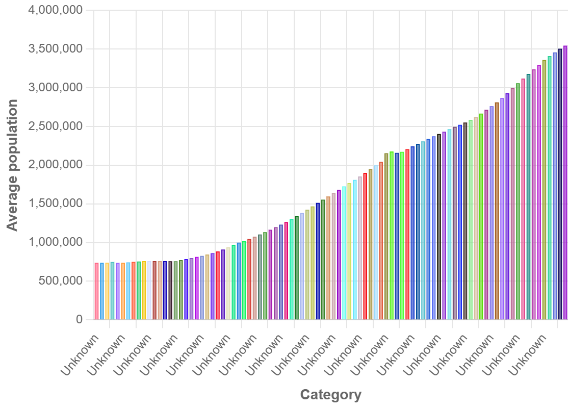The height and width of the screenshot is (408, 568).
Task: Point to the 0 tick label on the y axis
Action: point(79,320)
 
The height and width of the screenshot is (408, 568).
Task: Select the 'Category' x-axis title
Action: point(331,395)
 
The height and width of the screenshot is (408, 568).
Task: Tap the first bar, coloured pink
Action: point(97,291)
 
